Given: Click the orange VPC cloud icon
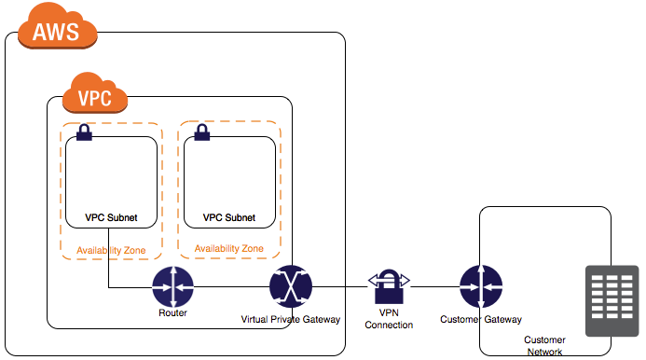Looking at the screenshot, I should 95,93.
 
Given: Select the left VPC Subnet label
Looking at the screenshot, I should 111,218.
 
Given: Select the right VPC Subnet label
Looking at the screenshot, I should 229,218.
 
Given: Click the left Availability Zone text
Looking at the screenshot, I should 111,250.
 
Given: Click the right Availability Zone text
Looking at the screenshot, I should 229,249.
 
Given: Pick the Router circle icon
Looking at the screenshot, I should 172,286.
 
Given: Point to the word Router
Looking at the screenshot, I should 172,313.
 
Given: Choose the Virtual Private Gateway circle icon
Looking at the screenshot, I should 290,286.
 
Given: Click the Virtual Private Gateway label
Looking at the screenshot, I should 291,319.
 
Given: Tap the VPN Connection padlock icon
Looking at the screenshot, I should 389,283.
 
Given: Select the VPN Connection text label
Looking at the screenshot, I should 390,318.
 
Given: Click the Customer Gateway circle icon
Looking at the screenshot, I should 481,286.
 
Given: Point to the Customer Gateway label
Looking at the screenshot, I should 481,319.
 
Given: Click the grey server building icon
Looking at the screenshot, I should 612,299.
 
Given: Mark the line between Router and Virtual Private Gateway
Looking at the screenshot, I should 231,287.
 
